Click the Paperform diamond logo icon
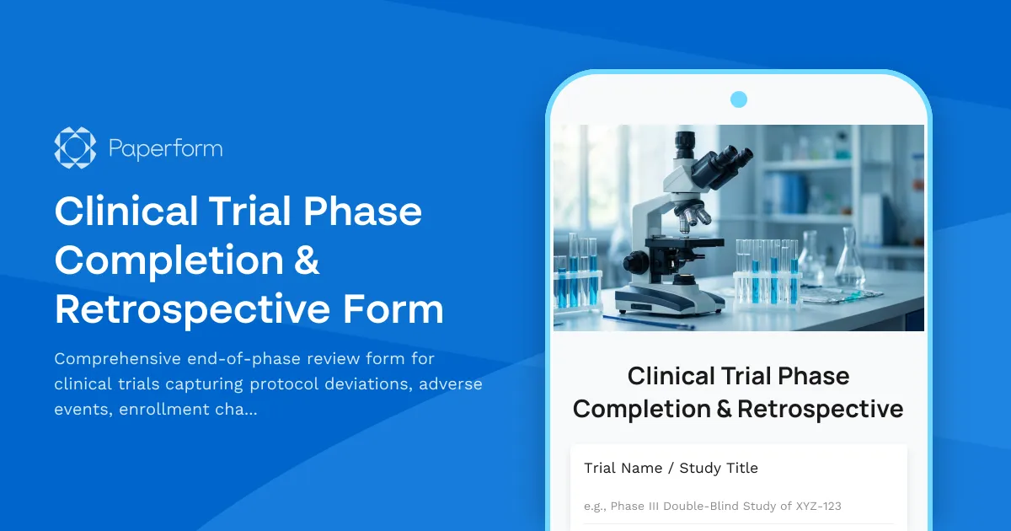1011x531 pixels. (75, 148)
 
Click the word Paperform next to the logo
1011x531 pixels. (166, 149)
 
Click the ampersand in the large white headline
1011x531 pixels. (308, 260)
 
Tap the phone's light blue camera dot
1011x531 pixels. (739, 99)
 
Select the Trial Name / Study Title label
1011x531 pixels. (671, 468)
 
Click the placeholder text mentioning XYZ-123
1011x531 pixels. (712, 507)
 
